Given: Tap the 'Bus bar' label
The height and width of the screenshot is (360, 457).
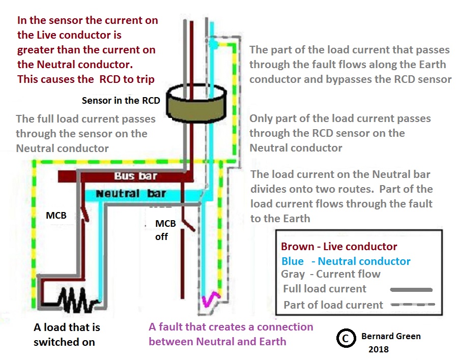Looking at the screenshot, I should click(136, 176).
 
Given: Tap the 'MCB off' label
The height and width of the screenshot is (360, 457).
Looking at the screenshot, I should click(165, 230).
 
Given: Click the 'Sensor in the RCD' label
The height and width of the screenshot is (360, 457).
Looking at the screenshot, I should click(121, 100).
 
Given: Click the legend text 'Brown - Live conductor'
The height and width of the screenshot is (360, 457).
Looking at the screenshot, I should click(339, 247).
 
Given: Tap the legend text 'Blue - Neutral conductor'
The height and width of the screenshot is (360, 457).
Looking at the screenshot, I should click(346, 261).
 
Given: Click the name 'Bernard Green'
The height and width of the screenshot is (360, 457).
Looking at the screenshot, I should click(391, 336).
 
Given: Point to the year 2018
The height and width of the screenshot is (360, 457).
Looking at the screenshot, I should click(378, 349).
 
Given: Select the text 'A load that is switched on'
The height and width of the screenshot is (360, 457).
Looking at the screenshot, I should click(67, 334).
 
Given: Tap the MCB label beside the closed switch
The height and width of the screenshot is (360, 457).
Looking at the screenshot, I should click(56, 215).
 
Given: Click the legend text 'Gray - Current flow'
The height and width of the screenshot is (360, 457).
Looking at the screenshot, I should click(331, 274).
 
